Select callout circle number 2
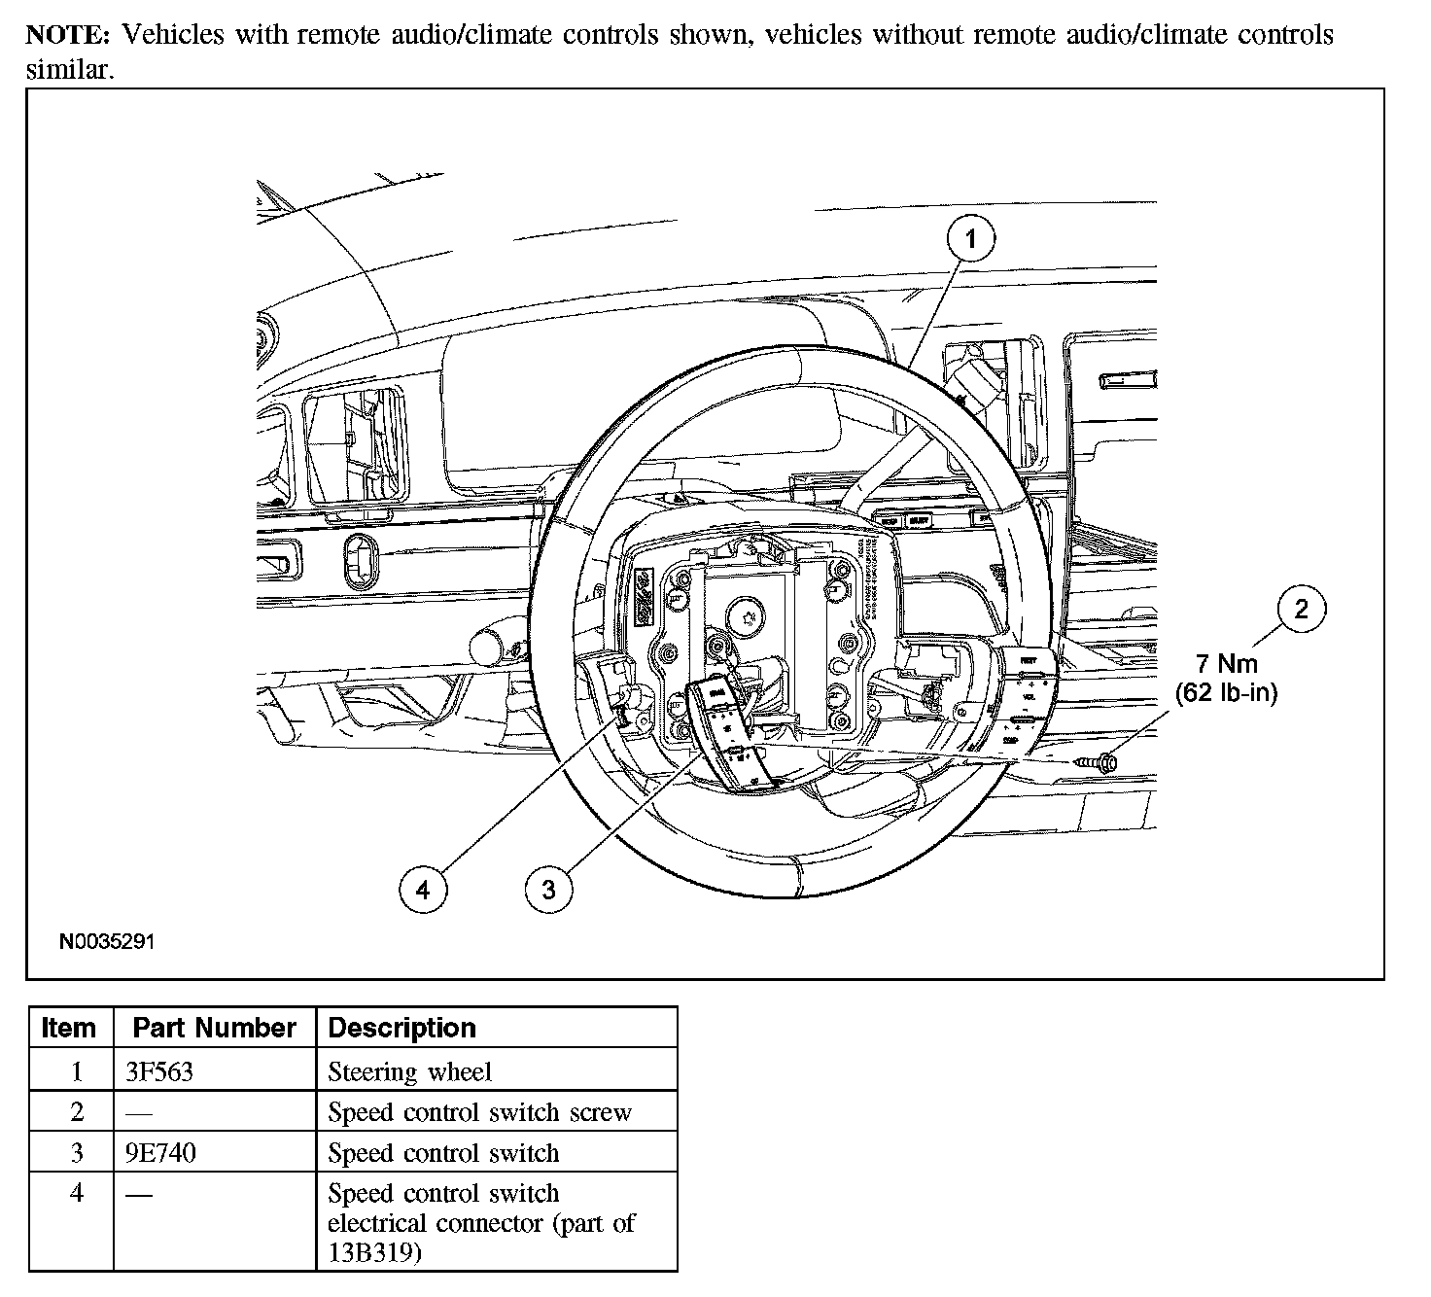(x=1301, y=609)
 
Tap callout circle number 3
(x=548, y=889)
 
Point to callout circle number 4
(x=423, y=889)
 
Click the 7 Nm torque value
(x=1226, y=664)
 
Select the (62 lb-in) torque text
(x=1226, y=693)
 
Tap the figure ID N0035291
(x=107, y=942)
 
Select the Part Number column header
(x=214, y=1028)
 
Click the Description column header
(x=401, y=1028)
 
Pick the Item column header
(x=69, y=1028)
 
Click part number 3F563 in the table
(x=159, y=1071)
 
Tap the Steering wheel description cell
(x=409, y=1071)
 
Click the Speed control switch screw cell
(x=479, y=1112)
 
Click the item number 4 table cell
(x=77, y=1193)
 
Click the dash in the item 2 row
(x=138, y=1113)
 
